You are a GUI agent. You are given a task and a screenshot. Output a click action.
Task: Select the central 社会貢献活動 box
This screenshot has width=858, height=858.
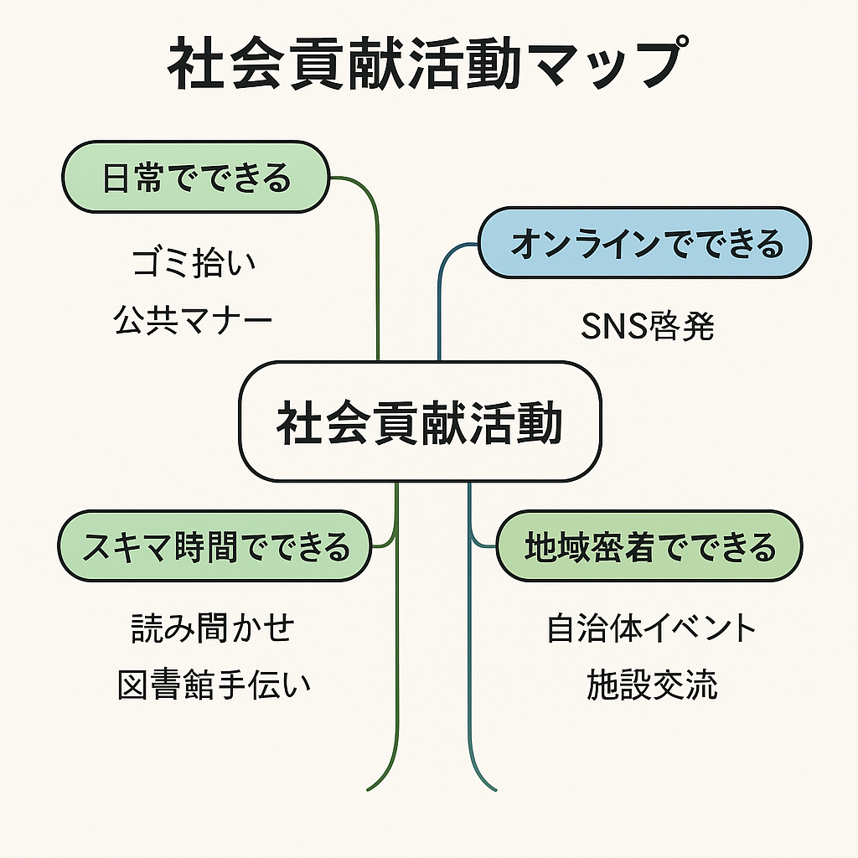pos(420,421)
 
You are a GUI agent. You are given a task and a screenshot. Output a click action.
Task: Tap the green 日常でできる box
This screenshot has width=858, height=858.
pos(196,178)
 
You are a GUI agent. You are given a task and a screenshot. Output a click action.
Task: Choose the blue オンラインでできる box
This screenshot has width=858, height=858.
pos(644,244)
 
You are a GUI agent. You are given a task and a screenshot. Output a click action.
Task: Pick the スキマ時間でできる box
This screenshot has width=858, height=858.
pos(214,548)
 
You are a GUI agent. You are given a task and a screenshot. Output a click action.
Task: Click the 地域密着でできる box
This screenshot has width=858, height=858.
pos(649,548)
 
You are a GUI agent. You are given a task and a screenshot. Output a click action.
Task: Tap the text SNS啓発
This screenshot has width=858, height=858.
pos(647,327)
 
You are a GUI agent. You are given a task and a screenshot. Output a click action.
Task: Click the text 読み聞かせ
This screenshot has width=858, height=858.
pos(213,628)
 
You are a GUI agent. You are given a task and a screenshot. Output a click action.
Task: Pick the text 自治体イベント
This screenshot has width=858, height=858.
pos(651,628)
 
